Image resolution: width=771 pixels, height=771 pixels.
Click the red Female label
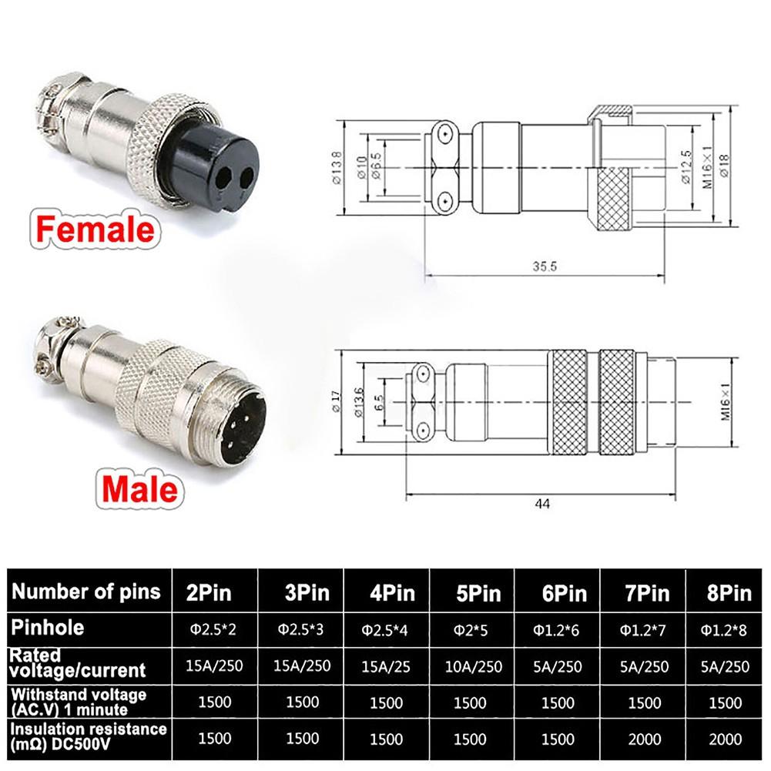pyautogui.click(x=95, y=229)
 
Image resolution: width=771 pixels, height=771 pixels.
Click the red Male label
pyautogui.click(x=139, y=489)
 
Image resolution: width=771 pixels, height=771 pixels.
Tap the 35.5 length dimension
pyautogui.click(x=545, y=266)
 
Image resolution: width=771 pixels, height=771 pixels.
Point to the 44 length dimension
pyautogui.click(x=542, y=504)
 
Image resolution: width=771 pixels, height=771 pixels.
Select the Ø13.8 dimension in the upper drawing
pyautogui.click(x=337, y=168)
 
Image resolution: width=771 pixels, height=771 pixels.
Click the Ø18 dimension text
pyautogui.click(x=724, y=165)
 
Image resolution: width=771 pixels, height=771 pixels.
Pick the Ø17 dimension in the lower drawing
pyautogui.click(x=336, y=402)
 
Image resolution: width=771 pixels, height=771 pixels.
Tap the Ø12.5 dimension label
pyautogui.click(x=686, y=167)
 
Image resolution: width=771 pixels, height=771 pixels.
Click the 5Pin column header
pyautogui.click(x=478, y=594)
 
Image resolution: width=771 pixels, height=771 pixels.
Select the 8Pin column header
pyautogui.click(x=729, y=594)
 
